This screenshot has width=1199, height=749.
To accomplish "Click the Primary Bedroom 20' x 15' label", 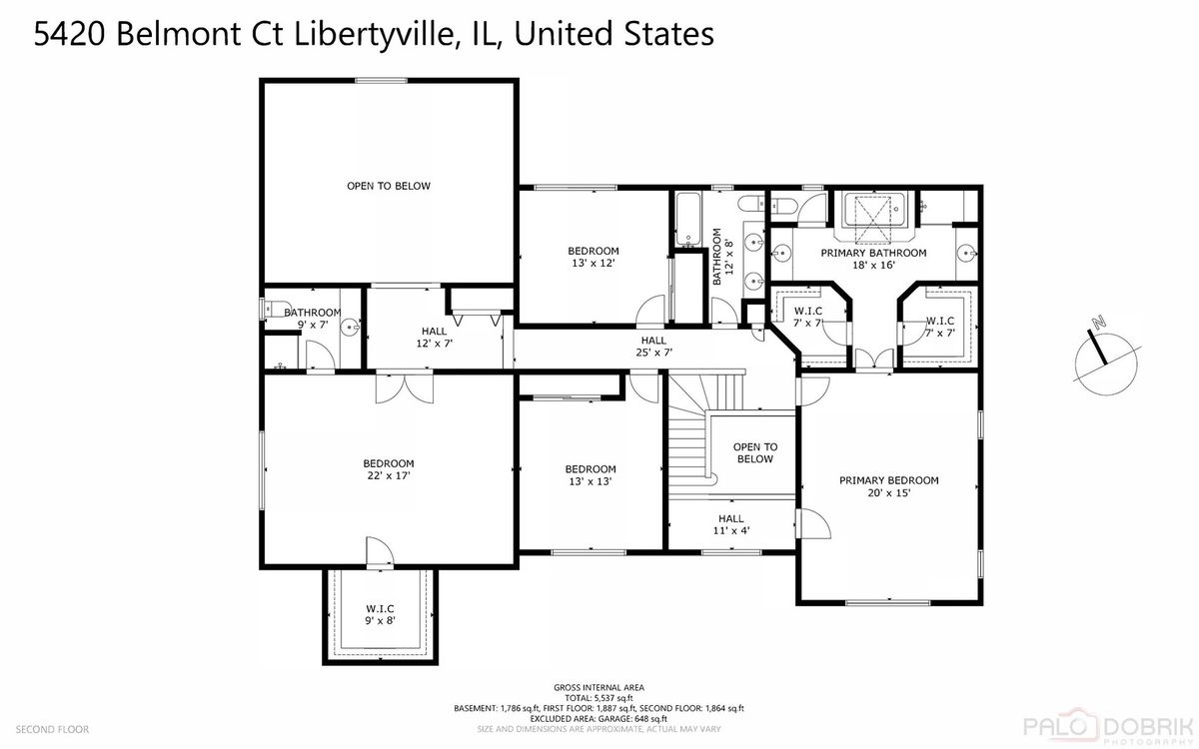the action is tap(888, 486).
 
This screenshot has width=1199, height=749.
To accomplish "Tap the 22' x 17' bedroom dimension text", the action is tap(389, 475).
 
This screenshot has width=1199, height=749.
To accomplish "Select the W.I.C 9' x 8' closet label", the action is tap(380, 615).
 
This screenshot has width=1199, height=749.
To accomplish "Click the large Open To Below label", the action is tap(389, 186).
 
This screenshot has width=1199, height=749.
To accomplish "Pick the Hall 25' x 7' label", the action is tap(653, 347).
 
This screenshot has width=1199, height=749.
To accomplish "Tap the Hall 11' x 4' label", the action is tap(731, 524).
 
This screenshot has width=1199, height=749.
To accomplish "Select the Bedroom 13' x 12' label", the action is tap(594, 257).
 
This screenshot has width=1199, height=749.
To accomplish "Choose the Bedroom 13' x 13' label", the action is tap(591, 475).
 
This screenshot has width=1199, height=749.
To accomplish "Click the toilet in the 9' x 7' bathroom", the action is tap(271, 309).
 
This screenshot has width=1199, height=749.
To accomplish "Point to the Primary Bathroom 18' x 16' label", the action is tap(873, 259).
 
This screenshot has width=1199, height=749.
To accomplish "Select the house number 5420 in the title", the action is tap(69, 34).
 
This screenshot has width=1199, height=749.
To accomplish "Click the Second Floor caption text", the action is tap(52, 729).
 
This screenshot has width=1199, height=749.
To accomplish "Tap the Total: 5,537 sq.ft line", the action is tap(599, 698).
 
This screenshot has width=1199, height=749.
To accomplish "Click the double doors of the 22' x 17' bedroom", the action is tap(405, 388).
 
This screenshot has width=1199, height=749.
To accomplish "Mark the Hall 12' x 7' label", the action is tap(434, 338).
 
